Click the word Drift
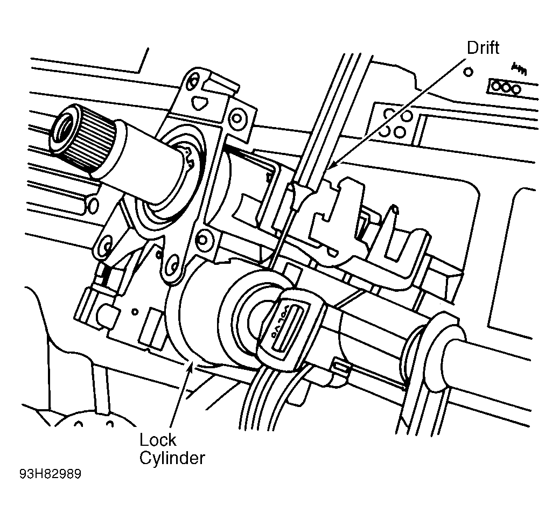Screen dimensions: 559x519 (x=483, y=48)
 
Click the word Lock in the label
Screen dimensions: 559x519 (x=158, y=440)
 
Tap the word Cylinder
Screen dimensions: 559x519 (x=172, y=458)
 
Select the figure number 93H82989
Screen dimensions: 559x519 (x=51, y=474)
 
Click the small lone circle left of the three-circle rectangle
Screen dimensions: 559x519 (x=469, y=72)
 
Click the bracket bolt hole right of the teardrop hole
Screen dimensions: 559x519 (x=237, y=117)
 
